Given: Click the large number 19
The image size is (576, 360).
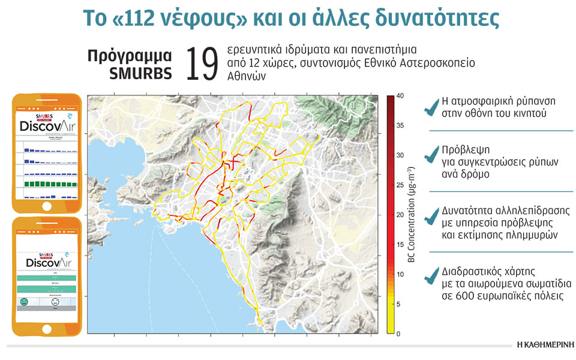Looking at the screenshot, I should tap(201, 64).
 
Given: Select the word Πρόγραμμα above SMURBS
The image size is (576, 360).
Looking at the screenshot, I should tap(130, 56).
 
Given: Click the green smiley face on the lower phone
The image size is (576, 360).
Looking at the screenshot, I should tap(25, 302).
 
